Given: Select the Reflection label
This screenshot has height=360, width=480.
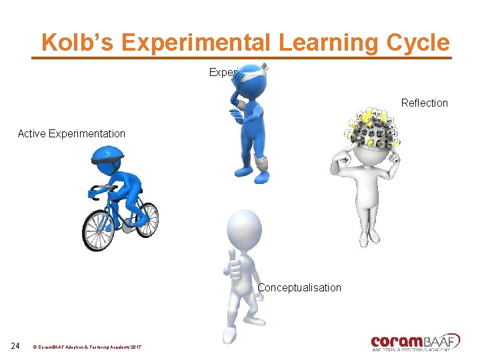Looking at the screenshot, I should coord(424,103).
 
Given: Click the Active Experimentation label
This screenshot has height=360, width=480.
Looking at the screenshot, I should coord(71,133).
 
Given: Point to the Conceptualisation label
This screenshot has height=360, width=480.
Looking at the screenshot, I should coord(299,287).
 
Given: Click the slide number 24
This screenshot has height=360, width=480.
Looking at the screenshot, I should coord(16,345).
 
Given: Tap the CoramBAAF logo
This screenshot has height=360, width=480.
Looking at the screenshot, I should coord(415,341).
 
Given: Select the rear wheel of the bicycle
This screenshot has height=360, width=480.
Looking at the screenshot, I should coord(99,231).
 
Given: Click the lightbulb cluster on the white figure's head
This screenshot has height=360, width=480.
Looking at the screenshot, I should coord(373,127).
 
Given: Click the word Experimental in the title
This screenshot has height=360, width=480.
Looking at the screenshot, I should coord(197,42).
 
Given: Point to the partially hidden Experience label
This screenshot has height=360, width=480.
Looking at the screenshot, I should coord(221,72).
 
